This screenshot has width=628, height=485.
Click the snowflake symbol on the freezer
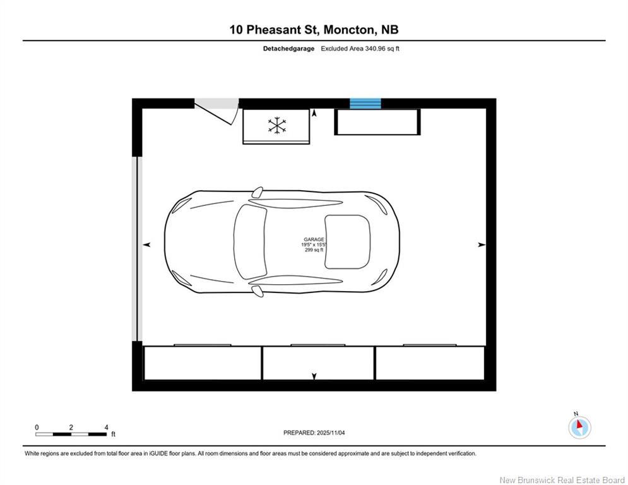tap(276, 125)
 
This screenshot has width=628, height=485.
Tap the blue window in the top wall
tap(365, 104)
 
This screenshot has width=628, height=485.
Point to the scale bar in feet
tap(71, 434)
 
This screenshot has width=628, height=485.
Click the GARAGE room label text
tap(314, 239)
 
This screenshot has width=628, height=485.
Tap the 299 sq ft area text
tap(314, 250)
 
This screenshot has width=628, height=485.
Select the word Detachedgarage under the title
tap(288, 49)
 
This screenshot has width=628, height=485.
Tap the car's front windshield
tap(250, 242)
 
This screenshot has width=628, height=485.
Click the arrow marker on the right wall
tap(482, 244)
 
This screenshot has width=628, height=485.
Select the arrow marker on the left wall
tap(147, 244)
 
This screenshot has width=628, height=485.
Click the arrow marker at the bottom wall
tap(314, 377)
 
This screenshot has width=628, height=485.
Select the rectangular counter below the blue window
tap(377, 122)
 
